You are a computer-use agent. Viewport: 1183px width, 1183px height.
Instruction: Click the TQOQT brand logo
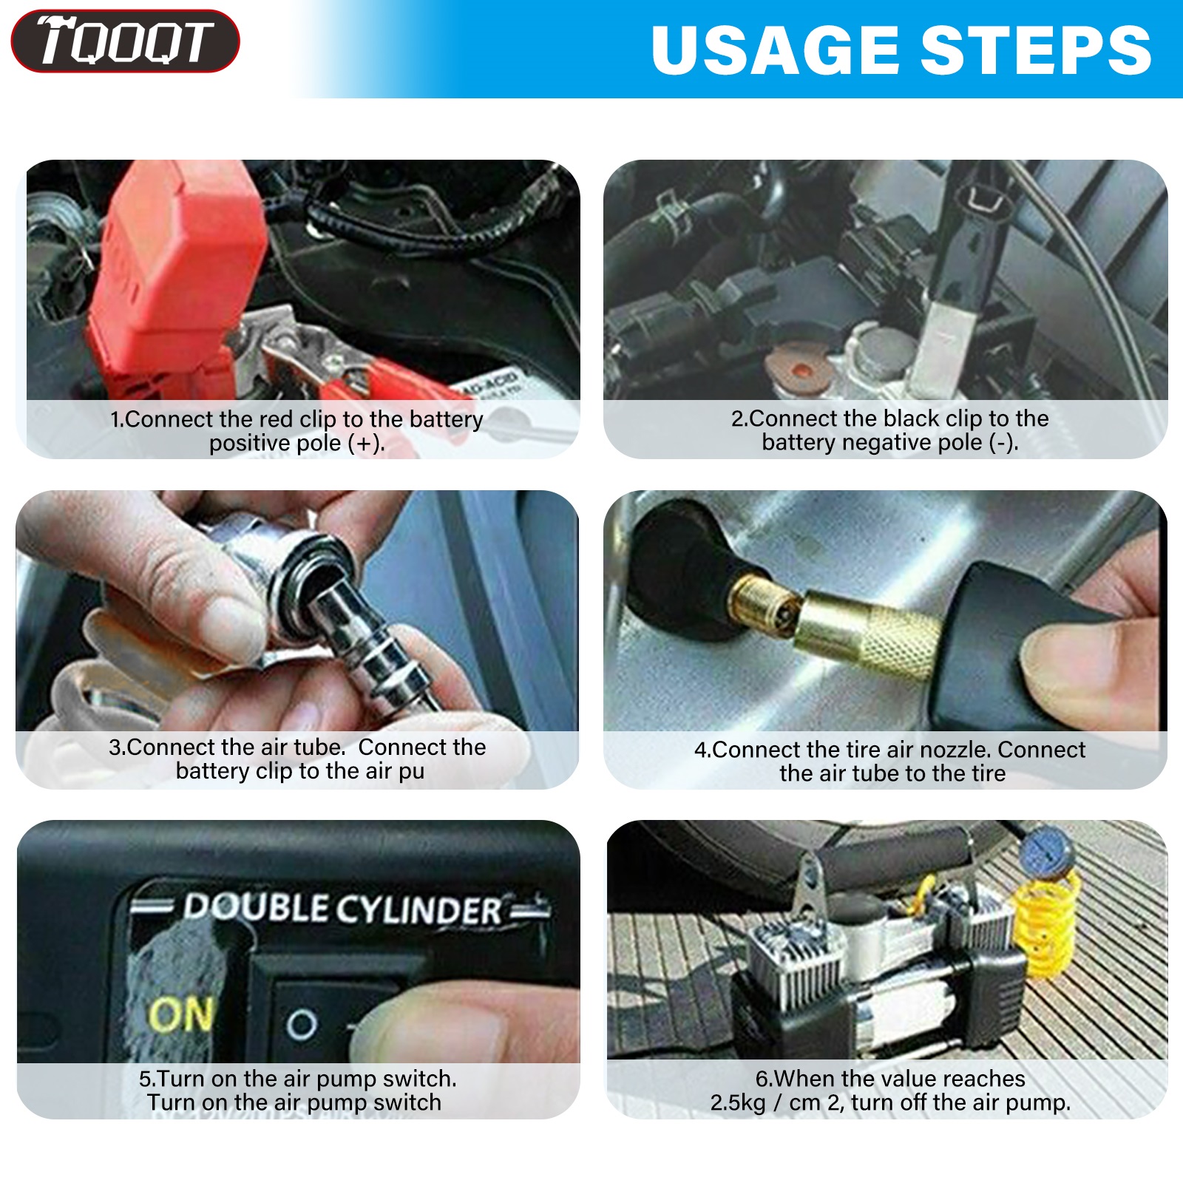click(125, 41)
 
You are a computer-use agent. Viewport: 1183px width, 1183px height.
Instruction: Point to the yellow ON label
click(182, 1014)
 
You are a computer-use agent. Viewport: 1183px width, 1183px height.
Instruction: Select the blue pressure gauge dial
click(1047, 852)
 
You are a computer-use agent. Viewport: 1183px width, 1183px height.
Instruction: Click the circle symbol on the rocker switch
click(302, 1025)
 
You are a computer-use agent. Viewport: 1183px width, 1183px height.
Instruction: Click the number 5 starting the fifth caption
click(145, 1079)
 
